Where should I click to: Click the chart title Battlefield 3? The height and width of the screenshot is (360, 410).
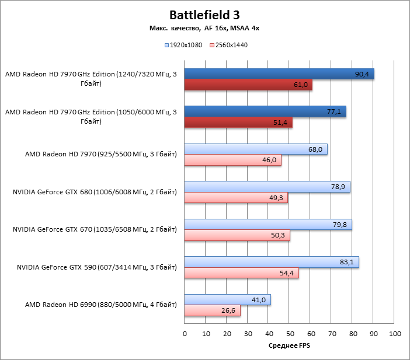[x=204, y=15]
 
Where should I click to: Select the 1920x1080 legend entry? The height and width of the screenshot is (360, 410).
[x=185, y=44]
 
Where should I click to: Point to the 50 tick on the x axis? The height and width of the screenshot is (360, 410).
[x=290, y=334]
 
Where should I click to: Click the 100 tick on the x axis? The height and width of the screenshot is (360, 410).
[x=395, y=334]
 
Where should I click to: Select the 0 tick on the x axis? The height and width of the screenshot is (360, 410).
[x=185, y=334]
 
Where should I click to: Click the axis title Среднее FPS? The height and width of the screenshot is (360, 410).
[x=290, y=346]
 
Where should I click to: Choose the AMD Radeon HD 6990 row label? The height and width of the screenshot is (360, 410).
[x=101, y=305]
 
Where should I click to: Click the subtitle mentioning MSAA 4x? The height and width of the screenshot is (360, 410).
[x=204, y=28]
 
